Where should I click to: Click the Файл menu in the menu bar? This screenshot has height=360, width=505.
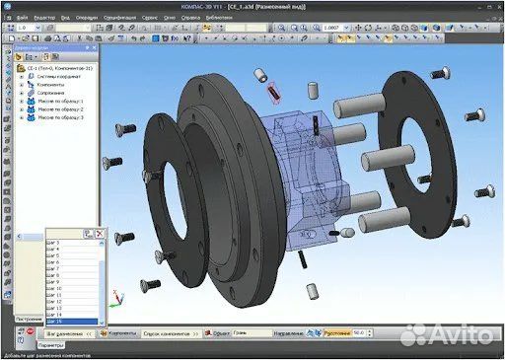[x=21, y=18]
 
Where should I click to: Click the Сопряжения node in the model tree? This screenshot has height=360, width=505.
[x=50, y=93]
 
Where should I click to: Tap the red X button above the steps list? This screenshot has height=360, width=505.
[x=100, y=232]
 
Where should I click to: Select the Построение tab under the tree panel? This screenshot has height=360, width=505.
[x=28, y=320]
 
